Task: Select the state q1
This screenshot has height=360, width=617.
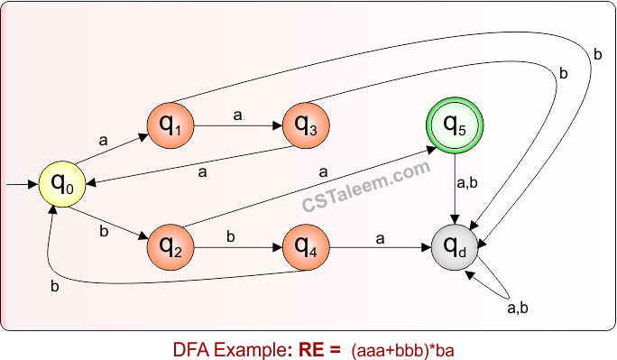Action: pos(170,126)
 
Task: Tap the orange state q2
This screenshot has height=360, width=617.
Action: pos(170,245)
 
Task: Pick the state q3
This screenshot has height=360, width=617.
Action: pos(307,126)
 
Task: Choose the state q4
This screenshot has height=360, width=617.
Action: pos(307,245)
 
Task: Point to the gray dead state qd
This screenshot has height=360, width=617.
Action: pos(456,245)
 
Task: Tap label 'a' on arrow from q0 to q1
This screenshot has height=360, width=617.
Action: pos(102,140)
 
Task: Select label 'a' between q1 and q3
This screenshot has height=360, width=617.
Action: pos(238,115)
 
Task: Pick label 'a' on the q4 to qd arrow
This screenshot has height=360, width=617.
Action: pos(380,237)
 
